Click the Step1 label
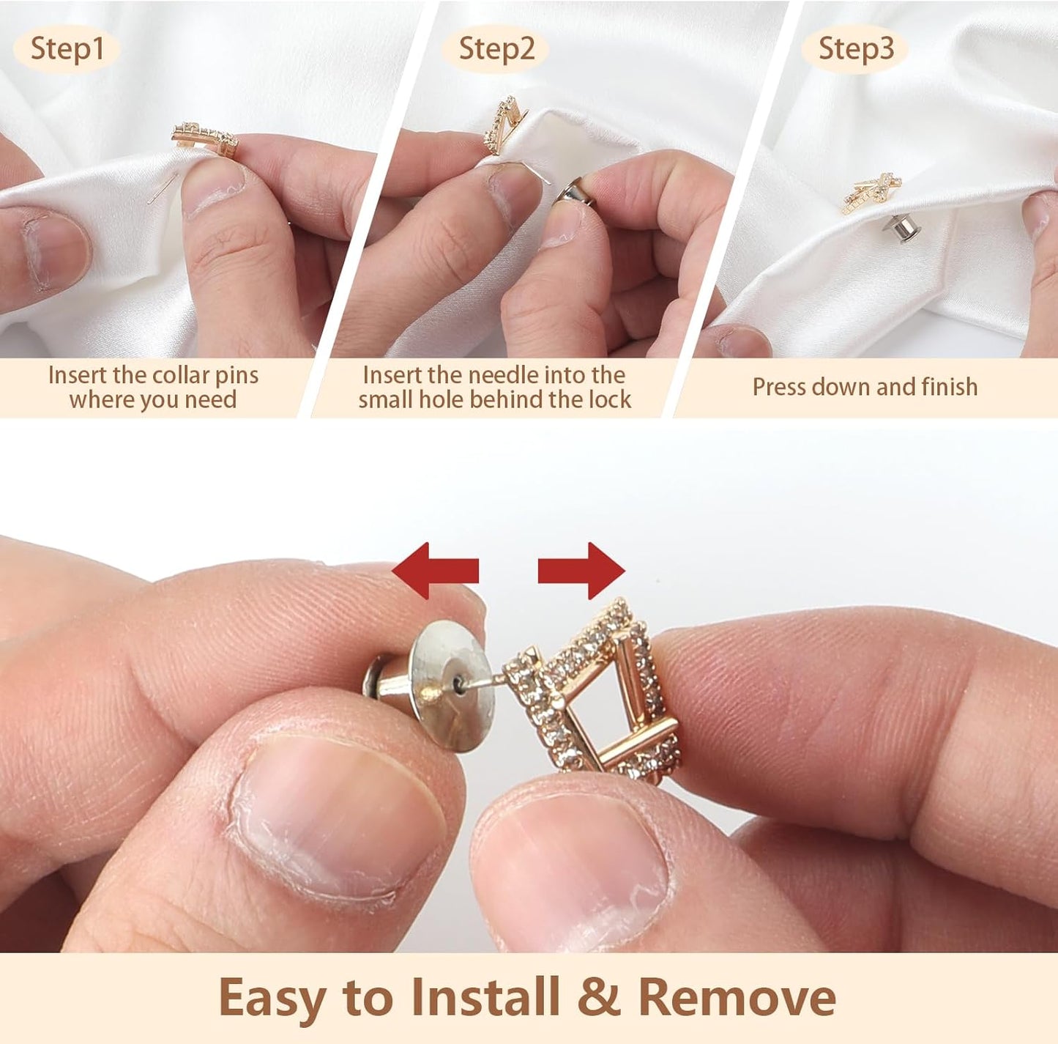[x=67, y=49]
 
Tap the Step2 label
[x=496, y=49]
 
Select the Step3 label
[x=855, y=49]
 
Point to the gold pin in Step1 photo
[x=206, y=138]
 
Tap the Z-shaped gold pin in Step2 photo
[x=505, y=125]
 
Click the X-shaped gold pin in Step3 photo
[x=871, y=193]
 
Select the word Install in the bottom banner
[x=485, y=998]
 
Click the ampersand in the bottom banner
[x=598, y=998]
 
